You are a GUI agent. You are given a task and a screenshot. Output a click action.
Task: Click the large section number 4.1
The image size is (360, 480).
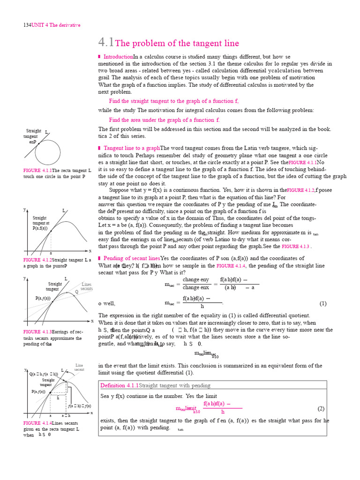(x=106, y=43)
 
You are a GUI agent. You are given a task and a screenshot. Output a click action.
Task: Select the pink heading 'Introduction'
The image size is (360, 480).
(x=118, y=57)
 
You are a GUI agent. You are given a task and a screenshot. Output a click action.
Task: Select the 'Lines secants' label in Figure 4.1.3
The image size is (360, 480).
(x=87, y=286)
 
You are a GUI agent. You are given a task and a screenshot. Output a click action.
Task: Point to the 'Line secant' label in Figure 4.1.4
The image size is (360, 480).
(x=79, y=367)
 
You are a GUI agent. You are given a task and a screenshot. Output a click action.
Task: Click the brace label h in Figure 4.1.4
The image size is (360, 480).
(x=58, y=397)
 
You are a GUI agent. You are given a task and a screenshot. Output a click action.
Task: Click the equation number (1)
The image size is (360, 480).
(x=323, y=303)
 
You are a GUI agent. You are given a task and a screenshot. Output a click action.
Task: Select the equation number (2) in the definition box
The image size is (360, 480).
(x=321, y=408)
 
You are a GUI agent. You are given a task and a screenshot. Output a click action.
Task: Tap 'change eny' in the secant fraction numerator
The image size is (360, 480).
(x=195, y=280)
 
